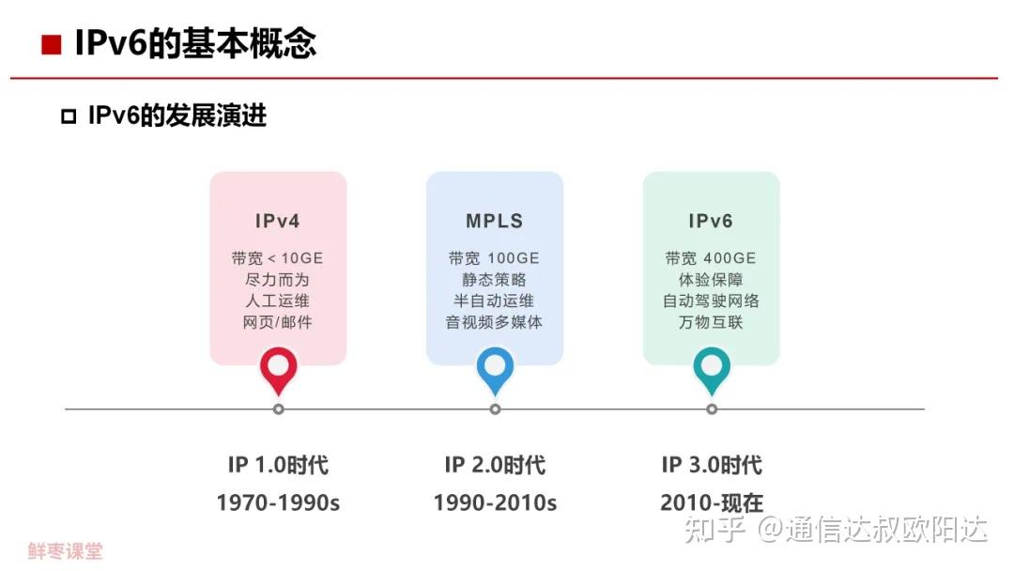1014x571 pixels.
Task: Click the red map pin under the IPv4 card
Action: tap(278, 369)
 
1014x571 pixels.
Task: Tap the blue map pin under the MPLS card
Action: tap(495, 369)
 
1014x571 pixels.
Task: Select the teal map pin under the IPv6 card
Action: tap(712, 369)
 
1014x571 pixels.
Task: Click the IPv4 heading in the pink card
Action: tap(278, 222)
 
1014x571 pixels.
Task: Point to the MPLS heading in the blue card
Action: tap(495, 222)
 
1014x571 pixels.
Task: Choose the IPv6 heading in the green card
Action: tap(711, 222)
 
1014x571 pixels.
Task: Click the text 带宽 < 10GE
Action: tap(278, 258)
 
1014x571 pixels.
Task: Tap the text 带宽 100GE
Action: tap(495, 258)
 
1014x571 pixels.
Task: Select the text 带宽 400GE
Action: tap(711, 258)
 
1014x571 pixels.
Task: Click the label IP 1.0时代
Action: tap(278, 465)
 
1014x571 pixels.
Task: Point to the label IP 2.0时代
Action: tap(495, 465)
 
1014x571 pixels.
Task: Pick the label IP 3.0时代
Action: tap(712, 465)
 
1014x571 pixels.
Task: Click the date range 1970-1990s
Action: tap(278, 503)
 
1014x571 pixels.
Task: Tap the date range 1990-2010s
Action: tap(495, 503)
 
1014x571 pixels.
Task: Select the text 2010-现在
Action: tap(712, 503)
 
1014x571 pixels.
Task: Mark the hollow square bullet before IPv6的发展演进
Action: tap(68, 117)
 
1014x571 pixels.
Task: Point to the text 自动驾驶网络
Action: tap(711, 301)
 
